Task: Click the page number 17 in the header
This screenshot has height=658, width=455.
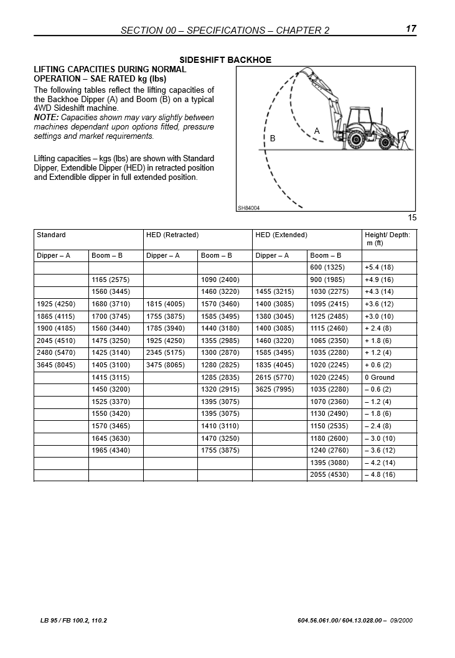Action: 411,29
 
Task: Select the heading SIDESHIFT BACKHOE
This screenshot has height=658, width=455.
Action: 225,60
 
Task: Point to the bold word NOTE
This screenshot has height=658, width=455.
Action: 46,118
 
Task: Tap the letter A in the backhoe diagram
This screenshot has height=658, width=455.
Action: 317,131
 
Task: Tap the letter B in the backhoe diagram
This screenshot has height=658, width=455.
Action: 273,139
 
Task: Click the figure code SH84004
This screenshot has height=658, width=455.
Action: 248,209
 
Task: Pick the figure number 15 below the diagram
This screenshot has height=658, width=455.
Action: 412,218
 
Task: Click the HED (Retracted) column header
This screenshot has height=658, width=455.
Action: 172,235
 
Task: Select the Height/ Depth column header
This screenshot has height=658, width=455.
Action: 387,239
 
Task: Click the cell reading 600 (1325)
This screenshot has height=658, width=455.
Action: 326,268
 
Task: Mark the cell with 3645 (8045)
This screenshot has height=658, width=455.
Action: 55,365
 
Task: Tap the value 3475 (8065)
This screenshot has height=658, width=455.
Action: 165,365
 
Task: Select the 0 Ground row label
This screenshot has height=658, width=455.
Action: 380,378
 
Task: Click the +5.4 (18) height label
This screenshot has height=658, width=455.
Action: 379,268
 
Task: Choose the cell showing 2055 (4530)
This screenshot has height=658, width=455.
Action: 328,476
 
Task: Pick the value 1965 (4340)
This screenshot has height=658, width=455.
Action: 111,451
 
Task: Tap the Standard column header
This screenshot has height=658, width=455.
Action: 51,235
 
